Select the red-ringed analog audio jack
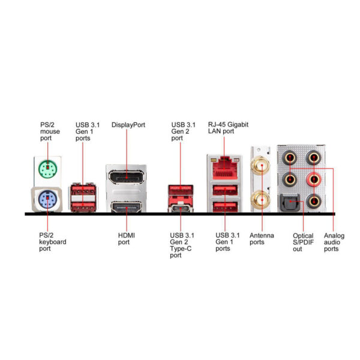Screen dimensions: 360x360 [313, 179]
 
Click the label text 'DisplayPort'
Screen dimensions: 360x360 [128, 125]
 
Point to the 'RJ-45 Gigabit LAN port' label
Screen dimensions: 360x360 [227, 128]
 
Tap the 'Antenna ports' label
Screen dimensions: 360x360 [262, 238]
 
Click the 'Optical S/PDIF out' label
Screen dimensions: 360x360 [302, 242]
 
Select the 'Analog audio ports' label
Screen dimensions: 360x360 [334, 242]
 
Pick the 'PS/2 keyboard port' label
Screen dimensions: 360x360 [52, 242]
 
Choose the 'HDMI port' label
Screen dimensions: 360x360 [127, 238]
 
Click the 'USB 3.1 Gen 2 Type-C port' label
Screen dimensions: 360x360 [182, 245]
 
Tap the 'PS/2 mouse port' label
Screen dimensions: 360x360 [50, 131]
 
